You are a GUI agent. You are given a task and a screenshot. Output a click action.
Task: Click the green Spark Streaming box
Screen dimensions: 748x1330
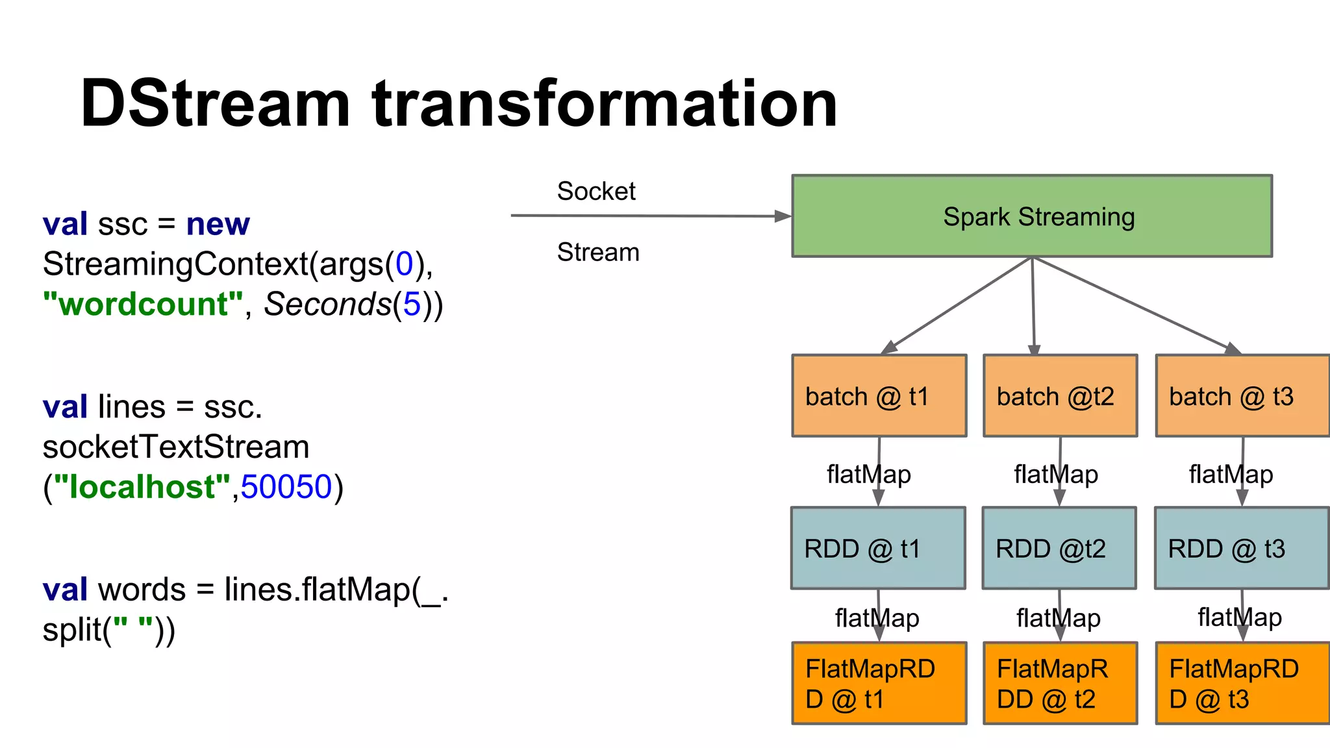(1031, 216)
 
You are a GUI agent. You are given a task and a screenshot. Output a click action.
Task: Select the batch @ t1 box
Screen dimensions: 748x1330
(879, 395)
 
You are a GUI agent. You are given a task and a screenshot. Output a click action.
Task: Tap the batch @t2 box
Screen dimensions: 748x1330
(1060, 395)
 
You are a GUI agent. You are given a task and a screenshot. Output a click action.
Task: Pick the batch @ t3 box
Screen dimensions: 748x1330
(1242, 395)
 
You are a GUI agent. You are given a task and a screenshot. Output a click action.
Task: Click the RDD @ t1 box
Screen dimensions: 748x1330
(878, 548)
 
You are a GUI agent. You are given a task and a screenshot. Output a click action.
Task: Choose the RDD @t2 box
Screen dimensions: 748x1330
(1059, 548)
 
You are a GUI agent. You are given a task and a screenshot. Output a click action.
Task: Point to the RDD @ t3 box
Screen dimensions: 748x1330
(1241, 548)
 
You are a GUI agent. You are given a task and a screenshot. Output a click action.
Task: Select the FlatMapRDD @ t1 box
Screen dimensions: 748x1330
(879, 683)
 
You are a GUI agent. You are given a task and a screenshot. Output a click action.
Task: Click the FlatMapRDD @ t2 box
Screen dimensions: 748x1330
(1060, 683)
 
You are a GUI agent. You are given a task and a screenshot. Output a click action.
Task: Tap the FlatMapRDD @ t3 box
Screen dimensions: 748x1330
(1242, 683)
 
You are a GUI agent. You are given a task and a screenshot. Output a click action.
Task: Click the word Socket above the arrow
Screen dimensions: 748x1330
(596, 191)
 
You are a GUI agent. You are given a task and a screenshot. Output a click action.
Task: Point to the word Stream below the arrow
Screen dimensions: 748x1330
(598, 252)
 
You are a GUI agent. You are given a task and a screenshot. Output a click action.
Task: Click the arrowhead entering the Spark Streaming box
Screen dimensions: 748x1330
(783, 216)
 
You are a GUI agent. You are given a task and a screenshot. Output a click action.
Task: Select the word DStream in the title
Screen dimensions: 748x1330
(215, 104)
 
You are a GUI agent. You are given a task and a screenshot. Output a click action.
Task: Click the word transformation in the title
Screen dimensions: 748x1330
(605, 104)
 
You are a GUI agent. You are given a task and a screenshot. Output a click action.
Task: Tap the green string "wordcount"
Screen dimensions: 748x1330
(143, 304)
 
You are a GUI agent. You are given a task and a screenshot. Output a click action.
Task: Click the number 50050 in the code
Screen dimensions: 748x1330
(286, 487)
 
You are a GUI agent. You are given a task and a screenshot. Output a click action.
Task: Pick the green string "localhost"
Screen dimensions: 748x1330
(142, 487)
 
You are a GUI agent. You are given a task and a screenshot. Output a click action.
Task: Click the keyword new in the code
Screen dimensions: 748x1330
(218, 224)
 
